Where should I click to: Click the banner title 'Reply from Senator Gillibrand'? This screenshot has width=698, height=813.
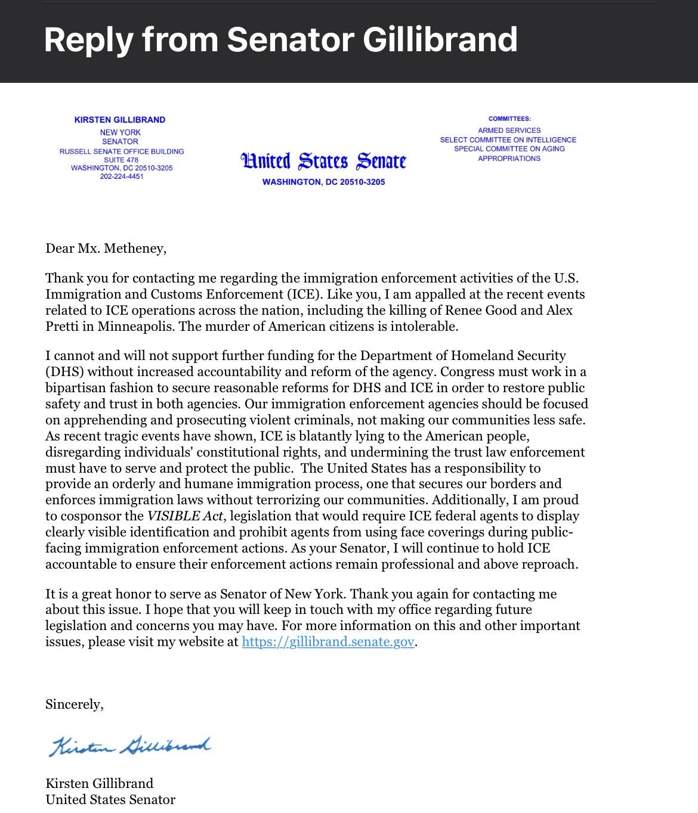click(280, 40)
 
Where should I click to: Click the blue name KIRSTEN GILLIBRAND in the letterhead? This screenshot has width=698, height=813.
click(120, 120)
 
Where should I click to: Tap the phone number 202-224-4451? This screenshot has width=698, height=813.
click(122, 176)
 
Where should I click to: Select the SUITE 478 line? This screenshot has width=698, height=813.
click(121, 160)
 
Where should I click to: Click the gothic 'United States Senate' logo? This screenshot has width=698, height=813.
click(323, 161)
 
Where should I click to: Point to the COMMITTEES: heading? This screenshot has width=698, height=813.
click(509, 119)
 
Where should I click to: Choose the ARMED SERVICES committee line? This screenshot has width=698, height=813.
click(509, 131)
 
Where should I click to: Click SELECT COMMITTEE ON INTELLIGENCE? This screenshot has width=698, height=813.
click(508, 140)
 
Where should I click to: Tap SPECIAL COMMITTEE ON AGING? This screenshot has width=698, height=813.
click(509, 149)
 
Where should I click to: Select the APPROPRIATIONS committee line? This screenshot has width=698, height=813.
click(509, 159)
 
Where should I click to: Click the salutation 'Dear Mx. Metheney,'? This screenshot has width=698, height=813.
click(106, 249)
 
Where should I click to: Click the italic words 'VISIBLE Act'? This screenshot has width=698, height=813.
click(185, 516)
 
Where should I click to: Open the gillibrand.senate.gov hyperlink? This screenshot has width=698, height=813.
click(328, 642)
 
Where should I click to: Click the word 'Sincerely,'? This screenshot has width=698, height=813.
click(75, 705)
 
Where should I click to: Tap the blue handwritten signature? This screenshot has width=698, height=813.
click(129, 746)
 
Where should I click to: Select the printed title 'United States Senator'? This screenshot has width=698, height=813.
click(110, 800)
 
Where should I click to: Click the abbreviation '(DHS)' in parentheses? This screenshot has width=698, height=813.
click(64, 372)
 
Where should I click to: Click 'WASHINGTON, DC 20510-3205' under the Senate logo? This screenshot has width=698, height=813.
click(323, 182)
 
